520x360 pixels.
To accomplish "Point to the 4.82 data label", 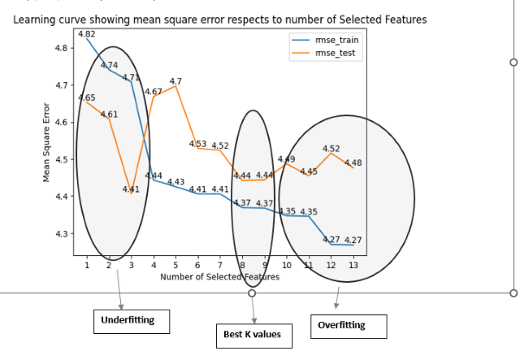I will [87, 34].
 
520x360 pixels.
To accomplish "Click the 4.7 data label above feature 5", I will [175, 80].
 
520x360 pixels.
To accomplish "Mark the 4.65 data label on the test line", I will [86, 98].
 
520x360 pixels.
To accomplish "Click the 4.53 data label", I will [197, 143].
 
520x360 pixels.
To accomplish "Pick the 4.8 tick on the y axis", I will [62, 48].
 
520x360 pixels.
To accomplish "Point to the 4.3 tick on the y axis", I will [62, 234].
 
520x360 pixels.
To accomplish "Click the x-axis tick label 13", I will [352, 266].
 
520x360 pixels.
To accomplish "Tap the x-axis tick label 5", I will [175, 266].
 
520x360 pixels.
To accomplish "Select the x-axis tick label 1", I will [87, 266].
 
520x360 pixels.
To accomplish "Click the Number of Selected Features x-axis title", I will [219, 277].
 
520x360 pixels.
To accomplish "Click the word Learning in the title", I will [35, 19].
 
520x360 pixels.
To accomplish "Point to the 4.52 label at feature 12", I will [331, 149].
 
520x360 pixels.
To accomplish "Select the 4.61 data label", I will [109, 114].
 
